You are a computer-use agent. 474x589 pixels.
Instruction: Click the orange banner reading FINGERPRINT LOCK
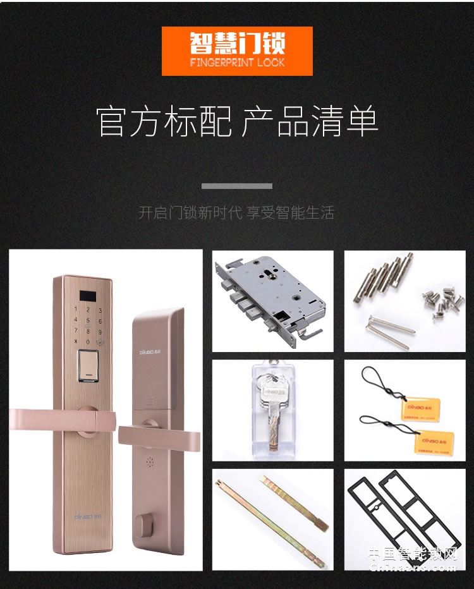[x=237, y=51]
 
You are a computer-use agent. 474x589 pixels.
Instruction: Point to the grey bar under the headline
[x=237, y=186]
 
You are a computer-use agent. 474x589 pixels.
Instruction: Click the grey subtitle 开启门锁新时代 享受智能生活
[x=236, y=212]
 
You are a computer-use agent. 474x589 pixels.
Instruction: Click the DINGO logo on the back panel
[x=151, y=335]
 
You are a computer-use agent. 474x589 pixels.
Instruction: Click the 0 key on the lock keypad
[x=88, y=341]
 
